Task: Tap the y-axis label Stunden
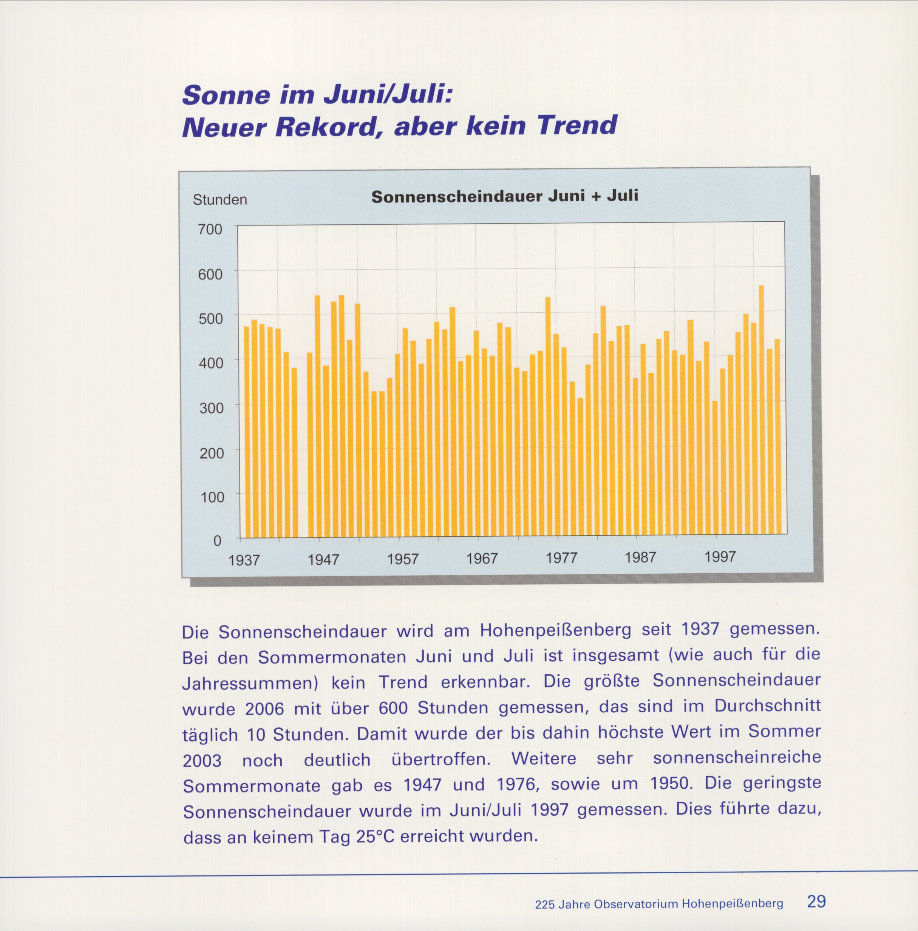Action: [220, 199]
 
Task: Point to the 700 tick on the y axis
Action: [210, 229]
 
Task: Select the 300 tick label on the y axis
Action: [211, 408]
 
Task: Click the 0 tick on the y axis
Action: [217, 541]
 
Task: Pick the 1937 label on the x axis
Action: [244, 560]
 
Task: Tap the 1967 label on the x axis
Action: [481, 559]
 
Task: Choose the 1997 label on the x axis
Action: [720, 557]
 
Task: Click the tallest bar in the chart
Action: [761, 409]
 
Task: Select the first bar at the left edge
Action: [246, 431]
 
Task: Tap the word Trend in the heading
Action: [577, 125]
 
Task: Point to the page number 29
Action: [816, 901]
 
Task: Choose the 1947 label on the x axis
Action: [323, 560]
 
